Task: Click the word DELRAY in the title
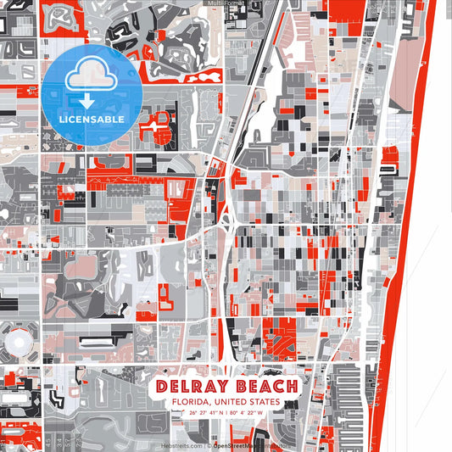click(192, 387)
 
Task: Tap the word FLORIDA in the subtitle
click(191, 402)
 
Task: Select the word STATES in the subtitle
click(261, 402)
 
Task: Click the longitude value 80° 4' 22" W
click(247, 413)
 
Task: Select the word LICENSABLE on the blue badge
click(92, 120)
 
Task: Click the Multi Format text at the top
click(226, 4)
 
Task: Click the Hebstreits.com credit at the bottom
click(181, 445)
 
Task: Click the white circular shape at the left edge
click(16, 343)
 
